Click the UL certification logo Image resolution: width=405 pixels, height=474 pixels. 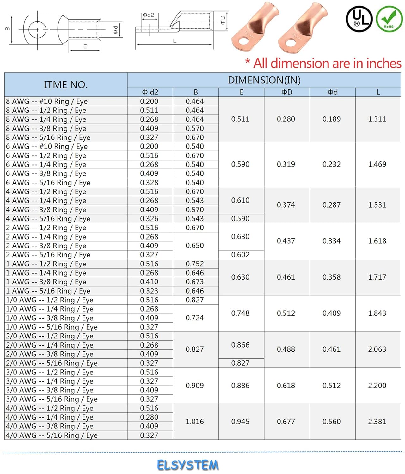tap(359, 19)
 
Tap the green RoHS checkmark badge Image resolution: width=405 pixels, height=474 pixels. tap(389, 19)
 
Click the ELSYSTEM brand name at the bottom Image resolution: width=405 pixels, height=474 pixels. tap(187, 465)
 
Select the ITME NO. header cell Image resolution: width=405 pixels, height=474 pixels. tap(66, 85)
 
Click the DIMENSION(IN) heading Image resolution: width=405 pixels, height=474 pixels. tap(264, 80)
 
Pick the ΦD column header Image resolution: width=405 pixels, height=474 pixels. tap(287, 92)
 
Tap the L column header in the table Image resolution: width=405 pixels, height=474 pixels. tap(378, 92)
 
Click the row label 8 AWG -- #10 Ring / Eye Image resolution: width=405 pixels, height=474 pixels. tap(47, 101)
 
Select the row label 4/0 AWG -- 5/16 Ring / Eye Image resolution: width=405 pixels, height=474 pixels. tap(52, 435)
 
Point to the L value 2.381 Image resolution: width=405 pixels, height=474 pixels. tap(377, 422)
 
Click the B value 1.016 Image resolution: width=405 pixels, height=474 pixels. tap(195, 422)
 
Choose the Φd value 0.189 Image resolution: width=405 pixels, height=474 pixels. tap(332, 119)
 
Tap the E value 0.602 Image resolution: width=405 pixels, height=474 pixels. tap(240, 255)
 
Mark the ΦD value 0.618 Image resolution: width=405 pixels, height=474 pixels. tap(286, 386)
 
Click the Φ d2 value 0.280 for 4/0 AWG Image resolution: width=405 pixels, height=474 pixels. tap(149, 417)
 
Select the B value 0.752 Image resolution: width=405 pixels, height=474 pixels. tap(195, 264)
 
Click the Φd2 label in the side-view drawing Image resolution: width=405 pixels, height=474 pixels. tap(148, 15)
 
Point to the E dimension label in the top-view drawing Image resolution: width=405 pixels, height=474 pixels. tap(85, 46)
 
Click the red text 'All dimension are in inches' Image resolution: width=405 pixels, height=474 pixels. tap(327, 64)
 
